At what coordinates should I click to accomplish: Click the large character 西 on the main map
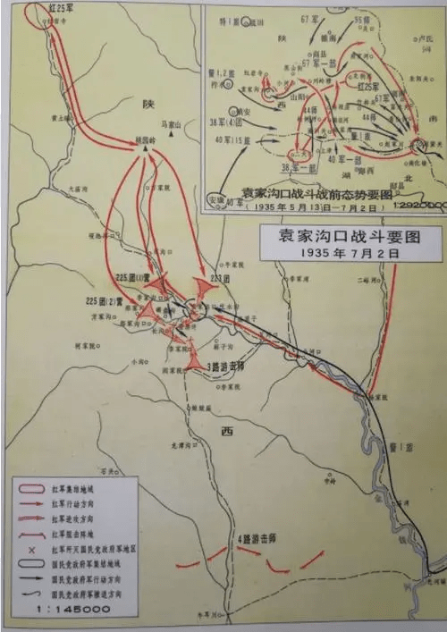point(225,431)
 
